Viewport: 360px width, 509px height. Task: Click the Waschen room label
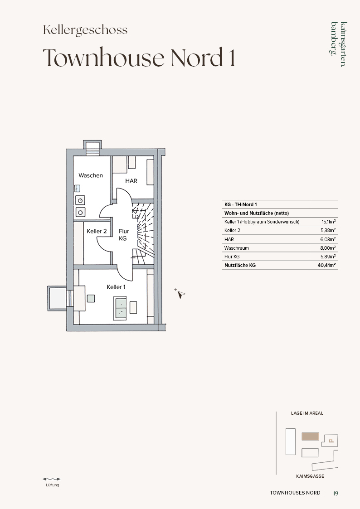[x=91, y=175]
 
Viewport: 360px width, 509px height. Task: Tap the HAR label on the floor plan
[x=131, y=181]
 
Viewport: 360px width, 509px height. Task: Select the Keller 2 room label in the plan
[x=97, y=231]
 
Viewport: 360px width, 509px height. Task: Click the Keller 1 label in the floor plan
[x=116, y=287]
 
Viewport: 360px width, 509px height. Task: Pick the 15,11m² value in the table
[x=329, y=222]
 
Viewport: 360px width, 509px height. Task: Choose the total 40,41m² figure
[x=326, y=265]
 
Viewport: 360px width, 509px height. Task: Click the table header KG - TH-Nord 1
[x=241, y=204]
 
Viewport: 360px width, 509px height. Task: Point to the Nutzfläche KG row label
[x=240, y=265]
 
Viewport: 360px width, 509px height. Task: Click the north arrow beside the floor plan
[x=180, y=293]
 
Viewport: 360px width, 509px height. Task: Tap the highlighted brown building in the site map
[x=310, y=436]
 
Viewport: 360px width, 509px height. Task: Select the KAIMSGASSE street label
[x=310, y=476]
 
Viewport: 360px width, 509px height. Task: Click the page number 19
[x=336, y=493]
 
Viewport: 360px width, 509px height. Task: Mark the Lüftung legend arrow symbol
[x=52, y=479]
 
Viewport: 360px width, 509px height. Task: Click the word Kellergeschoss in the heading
[x=85, y=30]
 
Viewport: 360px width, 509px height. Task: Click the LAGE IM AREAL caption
[x=307, y=413]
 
